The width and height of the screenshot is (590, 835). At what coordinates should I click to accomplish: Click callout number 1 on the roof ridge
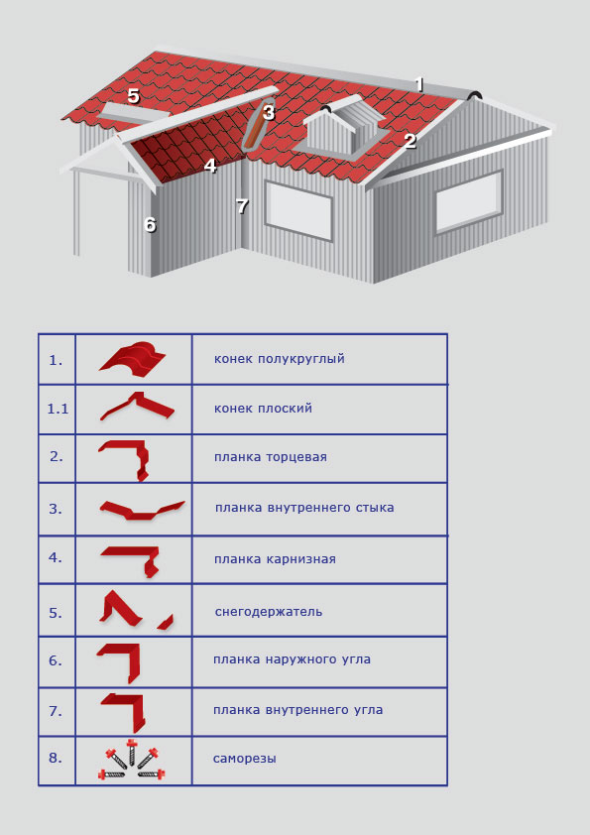point(419,84)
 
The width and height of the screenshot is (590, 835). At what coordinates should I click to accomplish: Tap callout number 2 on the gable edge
point(410,141)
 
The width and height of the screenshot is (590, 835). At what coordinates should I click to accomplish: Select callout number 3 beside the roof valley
point(269,112)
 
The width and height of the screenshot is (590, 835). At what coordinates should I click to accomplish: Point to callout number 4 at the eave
point(210,166)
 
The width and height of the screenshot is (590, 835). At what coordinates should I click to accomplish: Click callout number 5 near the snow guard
point(133,96)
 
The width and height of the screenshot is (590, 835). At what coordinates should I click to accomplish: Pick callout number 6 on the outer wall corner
point(150,225)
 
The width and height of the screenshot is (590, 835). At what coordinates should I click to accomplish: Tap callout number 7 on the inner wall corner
point(242,205)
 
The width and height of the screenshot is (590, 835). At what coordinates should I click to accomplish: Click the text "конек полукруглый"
point(279,359)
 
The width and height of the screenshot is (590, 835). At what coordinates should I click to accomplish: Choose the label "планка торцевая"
point(271,457)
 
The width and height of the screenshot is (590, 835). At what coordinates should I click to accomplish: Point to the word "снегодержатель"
point(269,612)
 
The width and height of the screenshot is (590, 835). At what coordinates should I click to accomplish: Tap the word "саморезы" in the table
point(244,759)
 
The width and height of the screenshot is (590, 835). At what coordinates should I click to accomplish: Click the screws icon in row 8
point(132,760)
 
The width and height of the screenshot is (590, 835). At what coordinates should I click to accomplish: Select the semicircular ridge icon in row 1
point(133,359)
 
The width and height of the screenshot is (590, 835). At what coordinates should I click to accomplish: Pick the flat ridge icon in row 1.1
point(138,407)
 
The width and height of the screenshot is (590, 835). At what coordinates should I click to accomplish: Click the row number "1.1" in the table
point(58,409)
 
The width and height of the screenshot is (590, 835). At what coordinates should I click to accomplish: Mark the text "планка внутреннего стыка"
point(304,508)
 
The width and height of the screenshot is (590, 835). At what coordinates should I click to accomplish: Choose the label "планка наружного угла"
point(292,659)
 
